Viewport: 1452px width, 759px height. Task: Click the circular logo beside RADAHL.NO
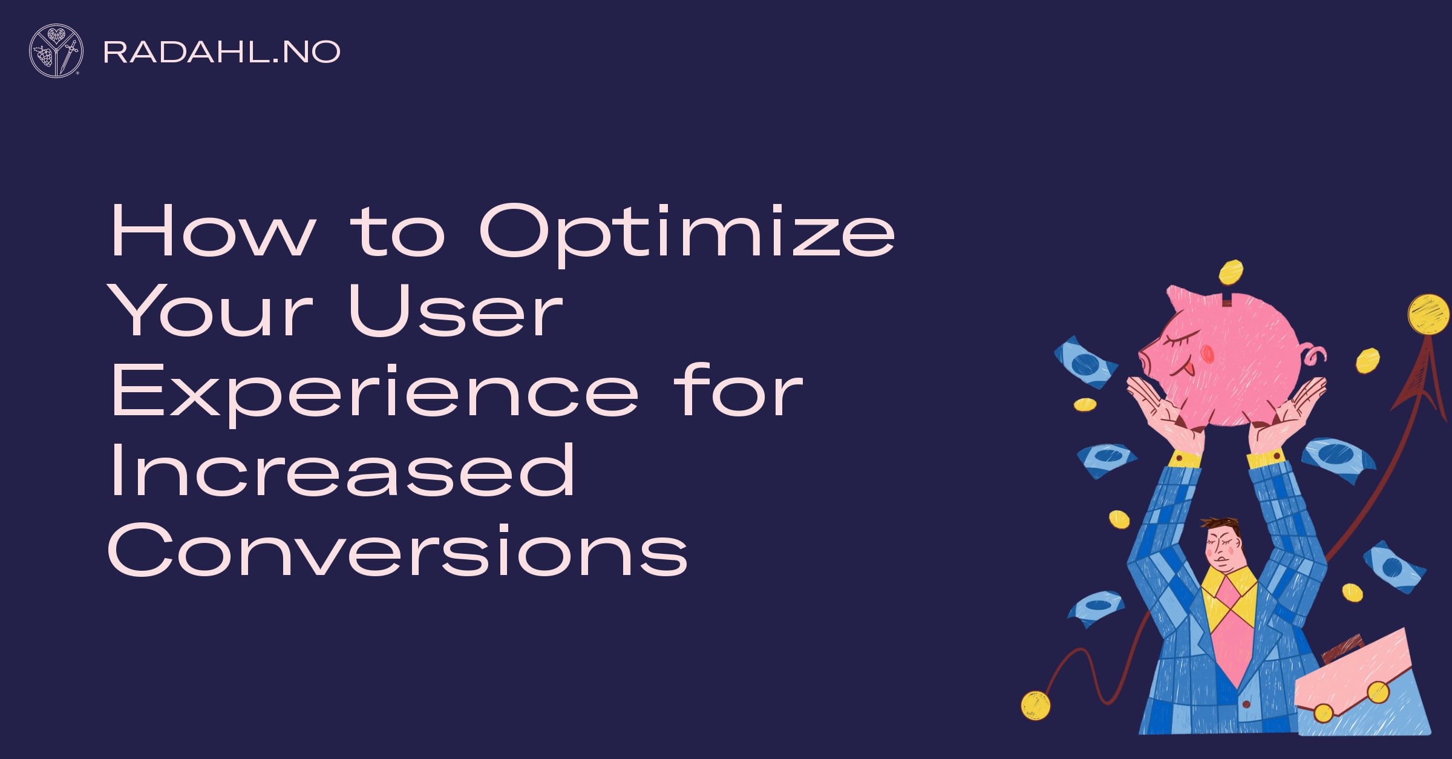56,51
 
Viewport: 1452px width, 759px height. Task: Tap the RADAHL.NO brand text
222,52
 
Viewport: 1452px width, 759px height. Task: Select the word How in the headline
213,231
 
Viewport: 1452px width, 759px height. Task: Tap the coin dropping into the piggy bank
1231,272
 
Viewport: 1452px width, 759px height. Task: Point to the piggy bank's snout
1147,361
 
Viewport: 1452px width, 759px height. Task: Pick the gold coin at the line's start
1035,706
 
